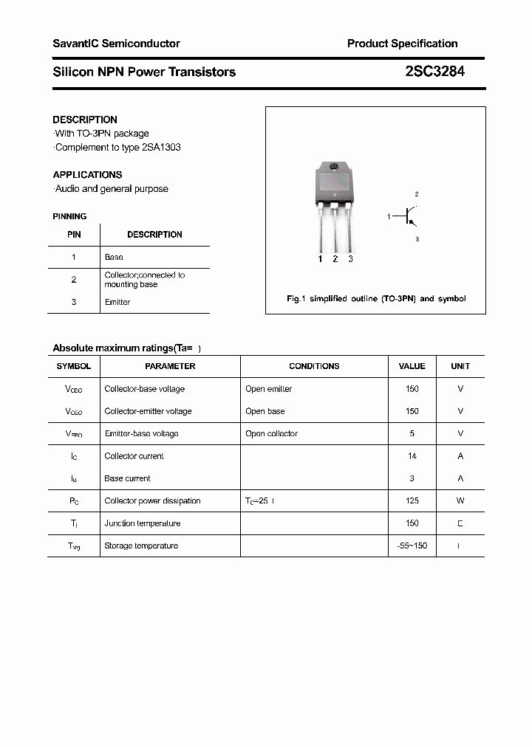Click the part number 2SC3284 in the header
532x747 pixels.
click(x=434, y=72)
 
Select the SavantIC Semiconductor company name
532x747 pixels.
click(x=116, y=44)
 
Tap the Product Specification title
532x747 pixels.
click(x=402, y=44)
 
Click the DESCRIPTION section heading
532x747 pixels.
click(x=85, y=120)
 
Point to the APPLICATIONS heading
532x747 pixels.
click(x=87, y=175)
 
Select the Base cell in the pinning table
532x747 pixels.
click(x=114, y=257)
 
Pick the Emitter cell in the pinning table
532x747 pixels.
click(x=117, y=302)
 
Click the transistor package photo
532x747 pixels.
click(x=334, y=199)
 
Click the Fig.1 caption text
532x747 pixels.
click(x=376, y=299)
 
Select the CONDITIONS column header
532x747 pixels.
click(x=314, y=366)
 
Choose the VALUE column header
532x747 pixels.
click(x=412, y=366)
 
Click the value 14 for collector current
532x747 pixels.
click(x=412, y=456)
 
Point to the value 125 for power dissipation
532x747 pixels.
click(x=412, y=500)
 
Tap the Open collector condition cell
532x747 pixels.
click(x=271, y=433)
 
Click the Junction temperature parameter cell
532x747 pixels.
click(x=143, y=523)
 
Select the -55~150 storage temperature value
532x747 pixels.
click(x=412, y=545)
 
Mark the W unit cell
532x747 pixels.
click(x=460, y=500)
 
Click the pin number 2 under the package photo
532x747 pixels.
click(x=335, y=259)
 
